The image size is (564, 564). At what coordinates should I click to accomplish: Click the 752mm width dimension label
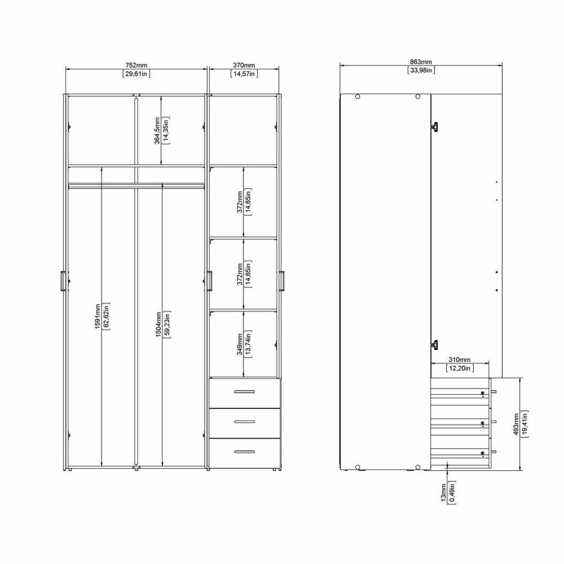[137, 66]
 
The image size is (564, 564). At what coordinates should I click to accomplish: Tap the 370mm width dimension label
[244, 66]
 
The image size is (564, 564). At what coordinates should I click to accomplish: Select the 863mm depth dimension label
[421, 62]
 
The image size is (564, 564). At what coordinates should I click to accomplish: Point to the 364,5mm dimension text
[157, 131]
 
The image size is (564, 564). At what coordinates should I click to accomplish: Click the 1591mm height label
[97, 316]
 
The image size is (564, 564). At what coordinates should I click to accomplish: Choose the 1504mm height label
[158, 324]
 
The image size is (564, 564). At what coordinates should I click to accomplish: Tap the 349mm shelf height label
[240, 344]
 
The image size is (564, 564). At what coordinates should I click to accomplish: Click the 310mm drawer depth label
[459, 360]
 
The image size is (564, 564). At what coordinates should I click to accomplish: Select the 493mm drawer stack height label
[516, 424]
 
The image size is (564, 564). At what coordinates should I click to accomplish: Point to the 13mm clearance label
[443, 493]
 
